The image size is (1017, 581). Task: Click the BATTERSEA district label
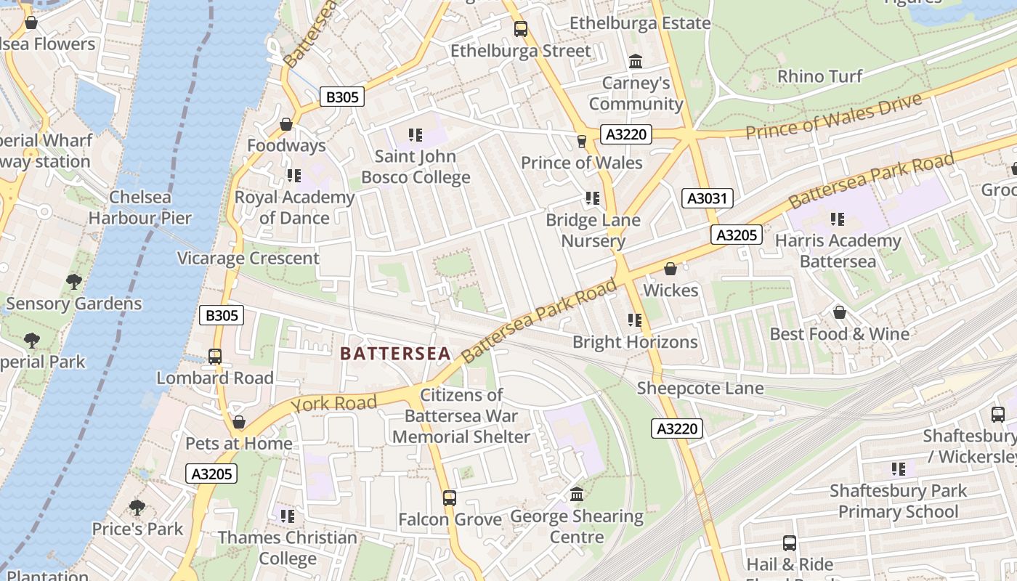click(395, 354)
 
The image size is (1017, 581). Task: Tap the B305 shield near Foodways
click(341, 97)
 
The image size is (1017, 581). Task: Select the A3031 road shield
click(708, 198)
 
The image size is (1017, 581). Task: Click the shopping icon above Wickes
click(670, 269)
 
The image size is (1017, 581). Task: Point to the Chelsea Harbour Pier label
click(140, 207)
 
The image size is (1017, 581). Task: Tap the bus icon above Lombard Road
click(215, 357)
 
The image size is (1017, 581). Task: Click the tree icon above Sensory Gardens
click(73, 282)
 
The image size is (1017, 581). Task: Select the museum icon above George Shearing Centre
click(577, 495)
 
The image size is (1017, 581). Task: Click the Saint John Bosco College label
click(416, 166)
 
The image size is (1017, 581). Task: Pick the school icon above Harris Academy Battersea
click(838, 219)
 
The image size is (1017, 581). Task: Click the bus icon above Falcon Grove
click(450, 498)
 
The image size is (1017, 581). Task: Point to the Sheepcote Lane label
click(700, 389)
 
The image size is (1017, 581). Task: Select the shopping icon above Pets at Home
click(239, 423)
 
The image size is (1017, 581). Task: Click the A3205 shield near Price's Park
click(212, 474)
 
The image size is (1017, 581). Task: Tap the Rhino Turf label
click(820, 76)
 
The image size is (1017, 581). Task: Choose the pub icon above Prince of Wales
click(581, 141)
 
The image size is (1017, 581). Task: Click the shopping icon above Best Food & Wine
click(840, 312)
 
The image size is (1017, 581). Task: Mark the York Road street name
click(334, 403)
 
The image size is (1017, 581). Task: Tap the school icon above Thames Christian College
click(288, 516)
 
